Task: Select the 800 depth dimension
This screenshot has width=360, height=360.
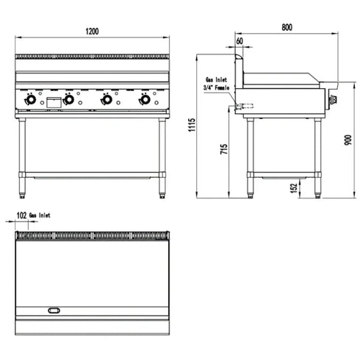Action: pos(287,27)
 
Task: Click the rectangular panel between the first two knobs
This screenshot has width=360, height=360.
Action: pos(52,103)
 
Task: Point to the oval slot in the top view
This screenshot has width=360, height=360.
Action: pos(55,311)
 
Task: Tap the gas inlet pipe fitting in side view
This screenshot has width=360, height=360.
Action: pos(242,107)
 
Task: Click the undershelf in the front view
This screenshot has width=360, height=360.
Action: pos(93,175)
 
